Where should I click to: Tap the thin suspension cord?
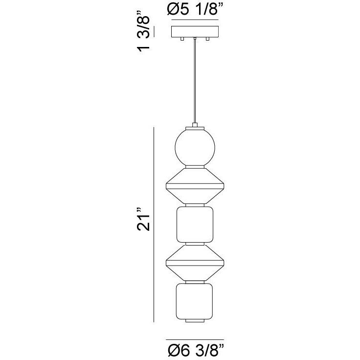[x=195, y=83]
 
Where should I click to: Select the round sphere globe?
[x=195, y=147]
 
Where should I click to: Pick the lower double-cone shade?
[x=195, y=262]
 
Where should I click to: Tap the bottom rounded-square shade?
[x=195, y=300]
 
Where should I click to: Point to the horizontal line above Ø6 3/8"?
[x=194, y=339]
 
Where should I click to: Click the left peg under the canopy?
[x=181, y=39]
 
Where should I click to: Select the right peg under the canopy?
[x=208, y=39]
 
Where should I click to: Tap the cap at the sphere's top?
[x=195, y=127]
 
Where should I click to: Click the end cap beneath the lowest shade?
[x=195, y=321]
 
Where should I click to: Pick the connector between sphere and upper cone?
[x=195, y=167]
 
